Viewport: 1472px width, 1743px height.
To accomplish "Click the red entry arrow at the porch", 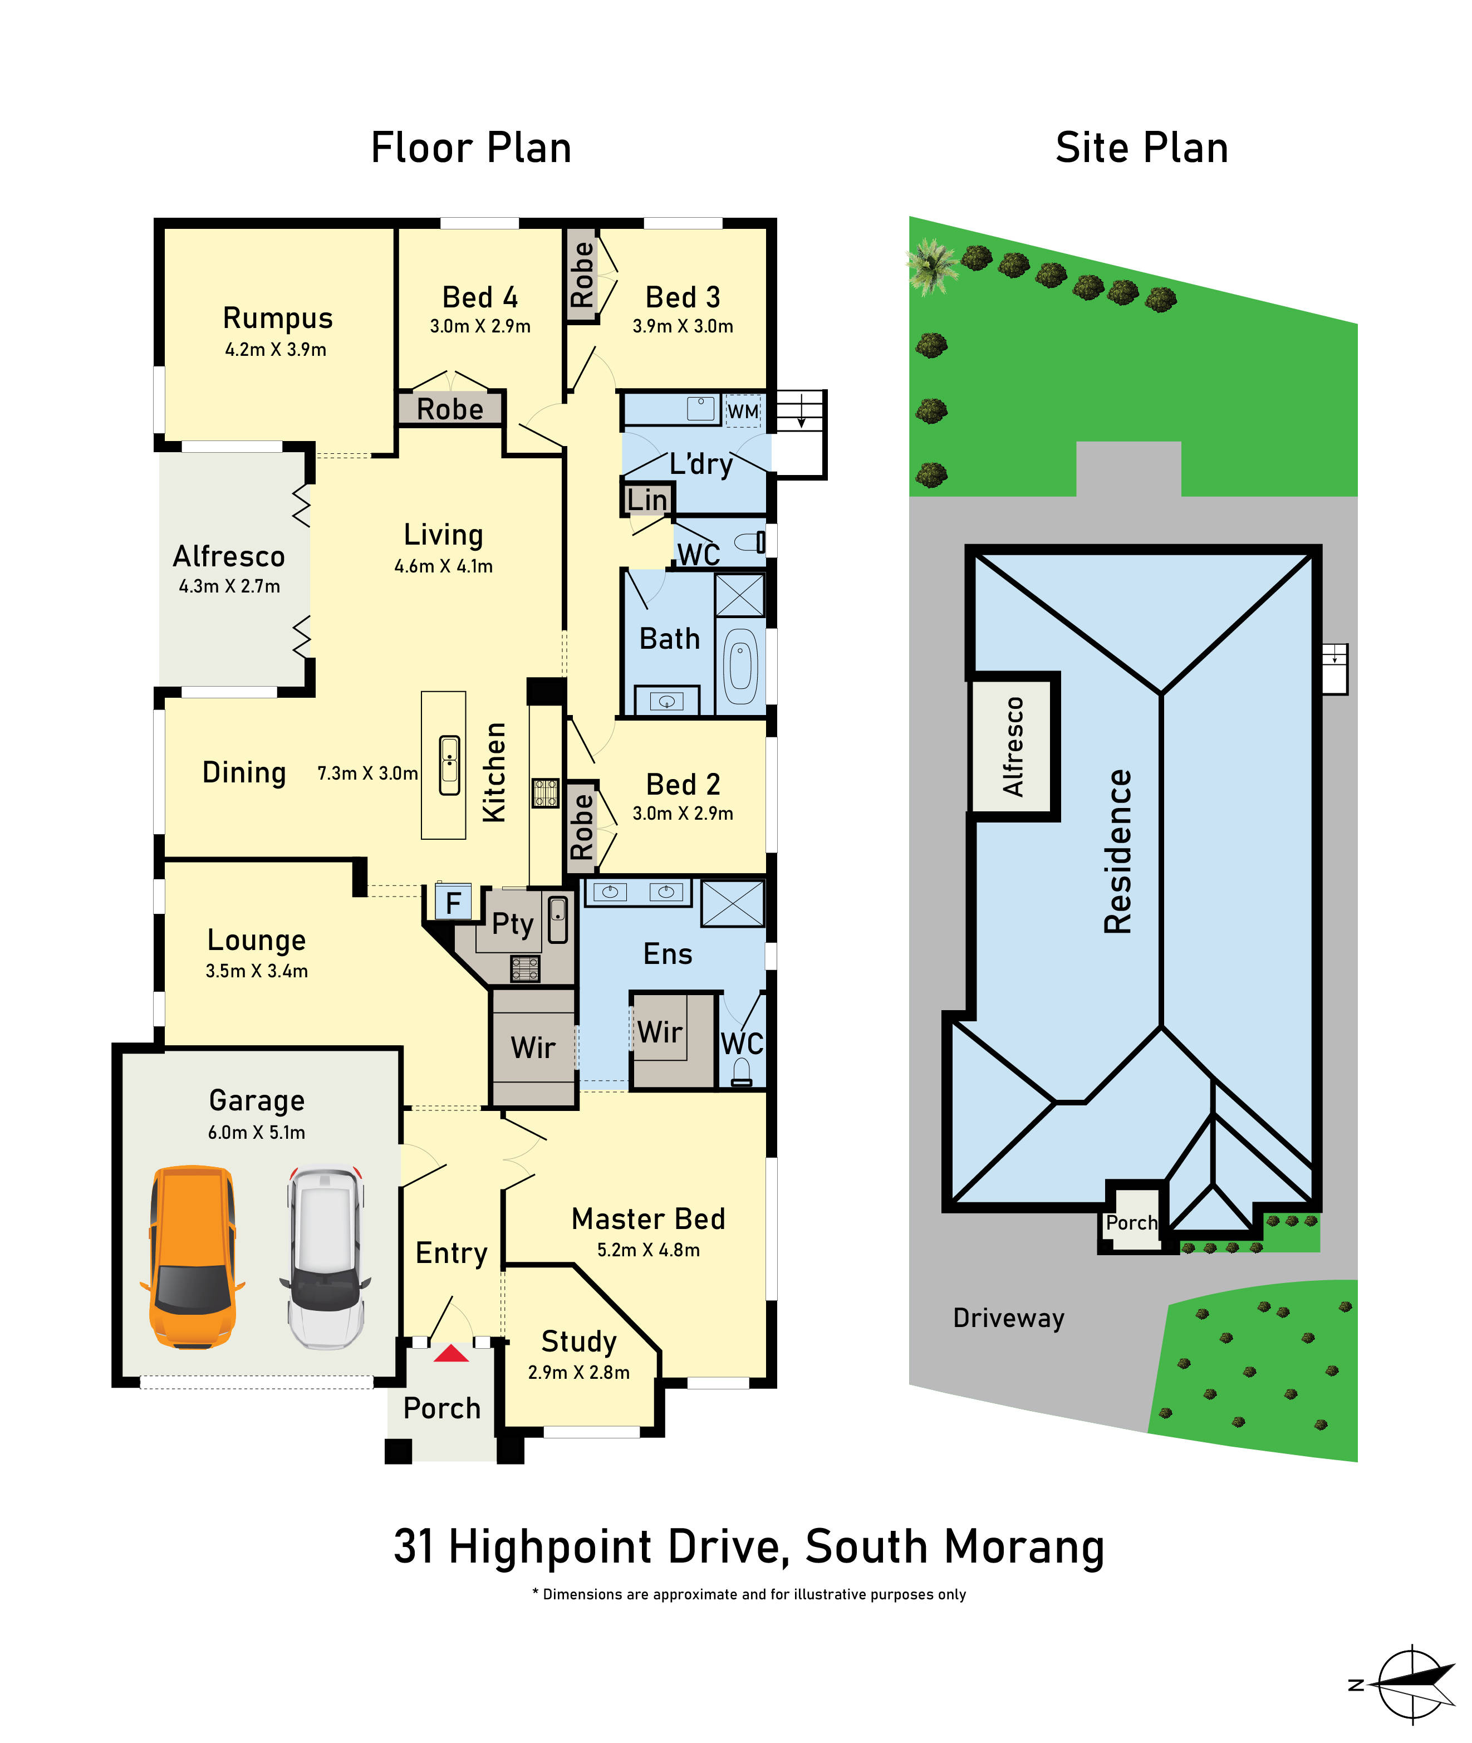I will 452,1353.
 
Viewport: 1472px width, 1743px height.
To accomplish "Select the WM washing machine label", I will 743,412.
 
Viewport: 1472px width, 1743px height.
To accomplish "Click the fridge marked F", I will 453,902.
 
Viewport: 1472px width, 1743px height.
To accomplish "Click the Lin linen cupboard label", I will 647,500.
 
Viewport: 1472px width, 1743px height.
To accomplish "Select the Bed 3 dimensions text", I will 683,326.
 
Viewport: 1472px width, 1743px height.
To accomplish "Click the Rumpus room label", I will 278,318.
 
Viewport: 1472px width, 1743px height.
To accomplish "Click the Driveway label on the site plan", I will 1008,1318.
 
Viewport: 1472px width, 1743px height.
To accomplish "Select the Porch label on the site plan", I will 1131,1223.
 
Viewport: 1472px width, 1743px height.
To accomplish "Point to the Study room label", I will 579,1341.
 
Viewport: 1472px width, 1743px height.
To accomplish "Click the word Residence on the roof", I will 1117,851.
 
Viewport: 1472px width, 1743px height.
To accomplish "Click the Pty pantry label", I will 512,924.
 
